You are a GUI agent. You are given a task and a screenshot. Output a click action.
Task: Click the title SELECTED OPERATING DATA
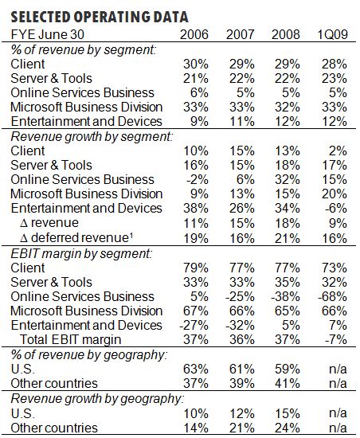[x=100, y=17]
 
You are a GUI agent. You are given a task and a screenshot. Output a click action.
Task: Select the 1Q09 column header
[x=332, y=34]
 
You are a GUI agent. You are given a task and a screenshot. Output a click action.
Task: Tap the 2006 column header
[x=194, y=34]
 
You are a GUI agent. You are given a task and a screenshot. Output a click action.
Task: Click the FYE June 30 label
[x=48, y=34]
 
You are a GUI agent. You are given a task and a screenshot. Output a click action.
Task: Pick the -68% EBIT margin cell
[x=332, y=296]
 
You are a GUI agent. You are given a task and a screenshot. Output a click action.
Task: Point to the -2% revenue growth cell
[x=198, y=179]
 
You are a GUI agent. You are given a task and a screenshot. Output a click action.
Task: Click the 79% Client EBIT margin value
[x=195, y=268]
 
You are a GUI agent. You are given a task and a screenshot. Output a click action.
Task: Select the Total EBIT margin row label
[x=71, y=340]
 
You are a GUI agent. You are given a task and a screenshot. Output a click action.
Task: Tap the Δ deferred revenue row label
[x=76, y=238]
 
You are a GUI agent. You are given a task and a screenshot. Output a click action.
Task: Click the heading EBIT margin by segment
[x=81, y=254]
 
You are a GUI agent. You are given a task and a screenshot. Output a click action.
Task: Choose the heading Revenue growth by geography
[x=97, y=399]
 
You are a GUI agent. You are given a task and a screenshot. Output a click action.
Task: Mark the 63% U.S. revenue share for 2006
[x=195, y=369]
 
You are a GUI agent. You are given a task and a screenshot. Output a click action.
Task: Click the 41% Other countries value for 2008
[x=287, y=383]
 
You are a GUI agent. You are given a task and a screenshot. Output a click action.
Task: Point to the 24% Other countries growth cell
[x=287, y=428]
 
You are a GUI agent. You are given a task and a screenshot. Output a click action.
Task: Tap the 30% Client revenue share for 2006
[x=195, y=64]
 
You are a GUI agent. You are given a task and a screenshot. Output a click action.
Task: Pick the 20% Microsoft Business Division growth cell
[x=335, y=194]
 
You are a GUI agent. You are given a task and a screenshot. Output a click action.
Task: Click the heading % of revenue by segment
[x=83, y=50]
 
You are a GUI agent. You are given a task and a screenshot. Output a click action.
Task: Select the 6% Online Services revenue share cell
[x=199, y=92]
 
